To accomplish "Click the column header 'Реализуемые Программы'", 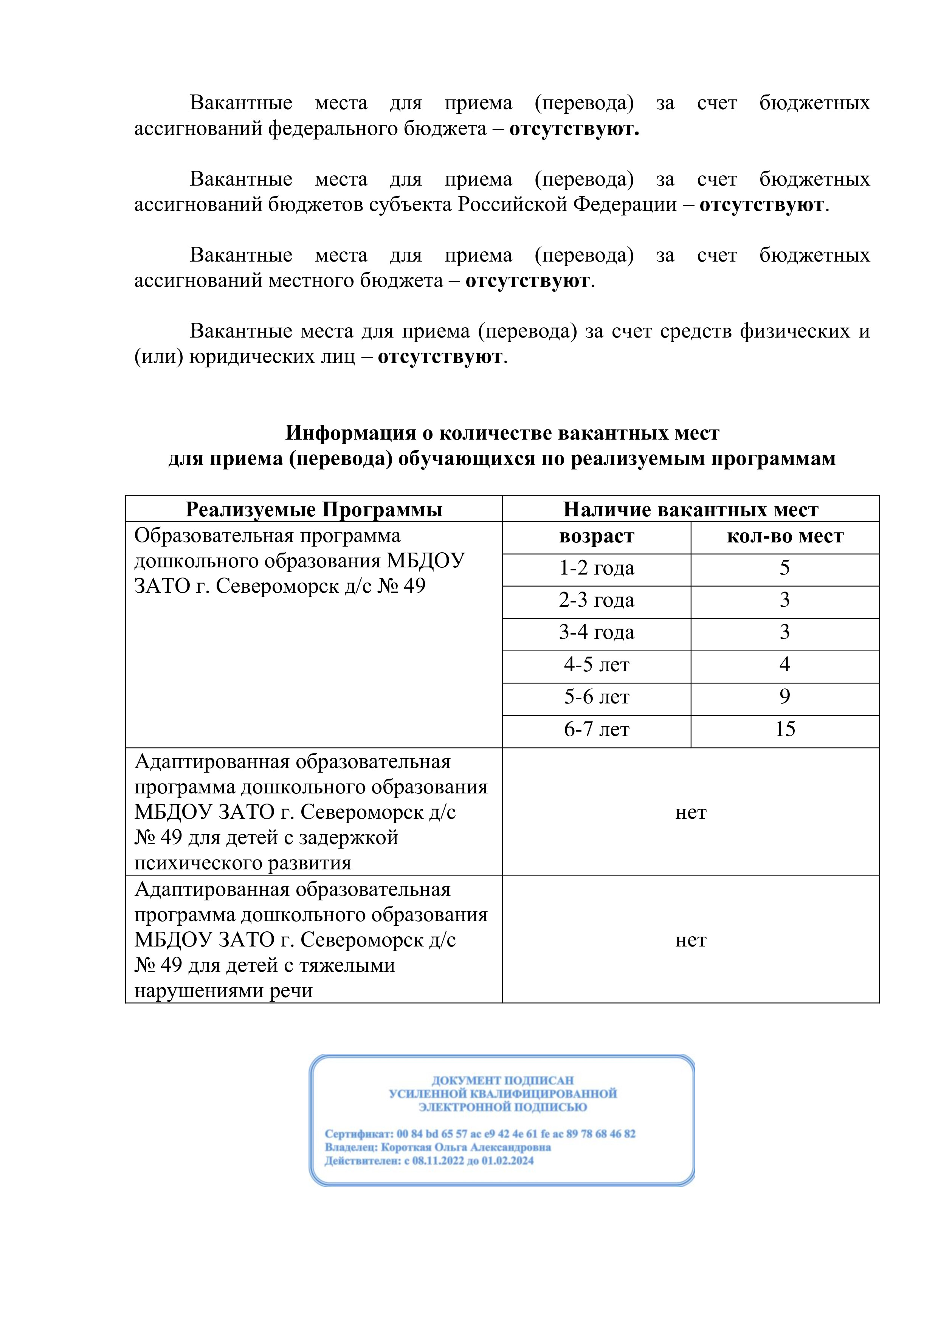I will point(314,510).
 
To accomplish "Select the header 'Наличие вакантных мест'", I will point(690,510).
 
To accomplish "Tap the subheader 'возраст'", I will point(596,536).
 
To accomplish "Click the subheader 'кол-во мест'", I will point(785,536).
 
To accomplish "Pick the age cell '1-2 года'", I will point(596,568).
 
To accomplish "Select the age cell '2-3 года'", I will point(596,601).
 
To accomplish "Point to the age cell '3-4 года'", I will point(596,633).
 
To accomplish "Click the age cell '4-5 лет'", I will point(596,665).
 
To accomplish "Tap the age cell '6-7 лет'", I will point(596,730).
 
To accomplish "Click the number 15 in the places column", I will point(785,730).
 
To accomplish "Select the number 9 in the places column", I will point(785,697).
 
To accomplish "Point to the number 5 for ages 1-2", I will point(785,568).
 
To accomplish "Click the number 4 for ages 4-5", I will point(785,665).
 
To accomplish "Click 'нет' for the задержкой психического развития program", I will point(690,813).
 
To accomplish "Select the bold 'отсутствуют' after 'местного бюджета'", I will point(527,281).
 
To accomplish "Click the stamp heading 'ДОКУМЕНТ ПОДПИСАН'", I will point(502,1080).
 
